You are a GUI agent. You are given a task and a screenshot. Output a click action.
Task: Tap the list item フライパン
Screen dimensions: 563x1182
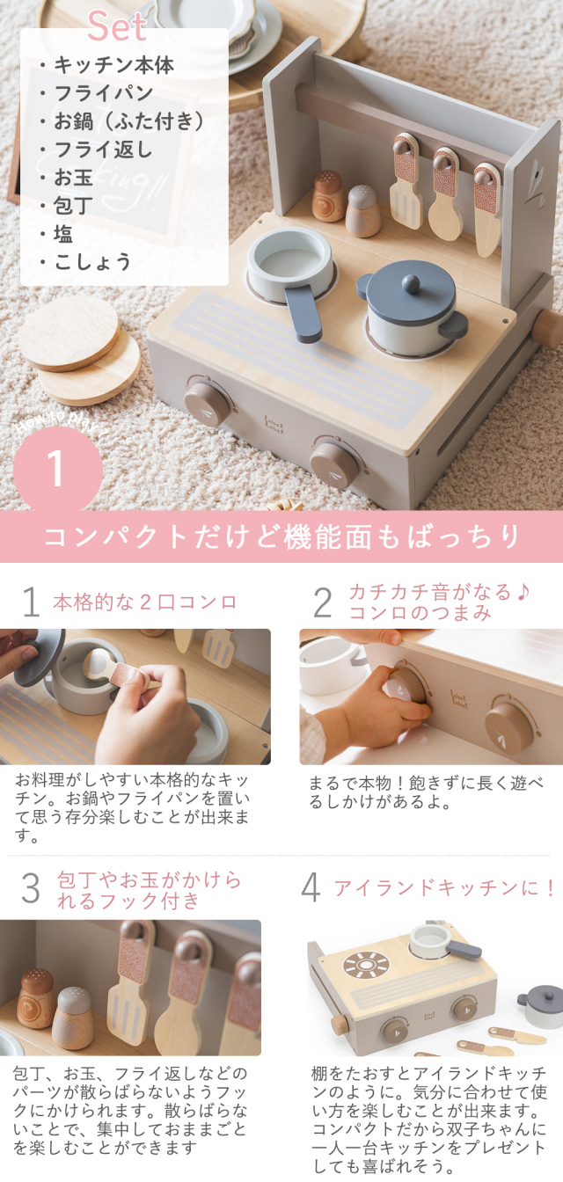pos(104,93)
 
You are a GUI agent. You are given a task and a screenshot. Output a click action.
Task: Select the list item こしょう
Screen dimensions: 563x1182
pos(92,262)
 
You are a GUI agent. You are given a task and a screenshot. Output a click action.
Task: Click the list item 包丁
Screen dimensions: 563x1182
pos(73,205)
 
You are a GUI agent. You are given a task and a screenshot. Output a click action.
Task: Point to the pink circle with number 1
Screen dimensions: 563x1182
pos(58,469)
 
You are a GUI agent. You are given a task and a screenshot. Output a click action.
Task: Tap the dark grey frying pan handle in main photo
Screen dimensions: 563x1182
pos(303,315)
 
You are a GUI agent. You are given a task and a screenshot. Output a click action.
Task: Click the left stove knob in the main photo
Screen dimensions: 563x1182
pos(208,403)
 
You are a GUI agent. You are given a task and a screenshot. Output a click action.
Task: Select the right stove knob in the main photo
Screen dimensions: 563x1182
pos(333,464)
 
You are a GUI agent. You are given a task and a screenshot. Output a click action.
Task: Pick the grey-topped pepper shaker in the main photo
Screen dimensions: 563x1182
pos(363,210)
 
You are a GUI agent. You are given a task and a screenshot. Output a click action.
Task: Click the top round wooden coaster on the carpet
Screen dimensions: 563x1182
pos(69,332)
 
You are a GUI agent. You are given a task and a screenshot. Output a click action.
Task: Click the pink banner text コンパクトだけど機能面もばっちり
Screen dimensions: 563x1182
pos(281,536)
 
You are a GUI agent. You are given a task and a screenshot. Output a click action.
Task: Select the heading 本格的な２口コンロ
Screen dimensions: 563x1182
pos(144,602)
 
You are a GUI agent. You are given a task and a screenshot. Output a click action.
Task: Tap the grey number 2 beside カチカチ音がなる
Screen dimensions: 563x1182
pos(322,602)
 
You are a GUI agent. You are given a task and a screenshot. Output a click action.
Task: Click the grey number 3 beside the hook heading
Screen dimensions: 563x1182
pos(31,888)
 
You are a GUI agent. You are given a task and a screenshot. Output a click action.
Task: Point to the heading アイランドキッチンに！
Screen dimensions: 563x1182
pos(443,887)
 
